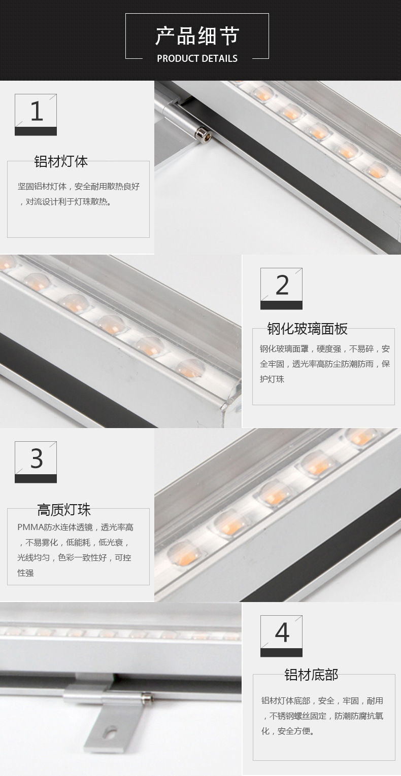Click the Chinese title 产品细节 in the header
pos(197,36)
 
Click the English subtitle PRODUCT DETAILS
pos(197,58)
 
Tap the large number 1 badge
pos(36,114)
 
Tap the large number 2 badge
pos(281,288)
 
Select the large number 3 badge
pos(36,462)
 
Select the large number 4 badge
pos(281,636)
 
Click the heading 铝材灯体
pos(61,161)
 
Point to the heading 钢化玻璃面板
pos(307,329)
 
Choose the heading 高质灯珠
pos(64,510)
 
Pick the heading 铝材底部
pos(311,675)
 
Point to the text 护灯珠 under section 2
pos(272,379)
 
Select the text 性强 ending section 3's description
pos(26,573)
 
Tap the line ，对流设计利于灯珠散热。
pos(65,202)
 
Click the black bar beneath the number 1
pos(36,131)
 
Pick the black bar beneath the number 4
pos(281,653)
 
